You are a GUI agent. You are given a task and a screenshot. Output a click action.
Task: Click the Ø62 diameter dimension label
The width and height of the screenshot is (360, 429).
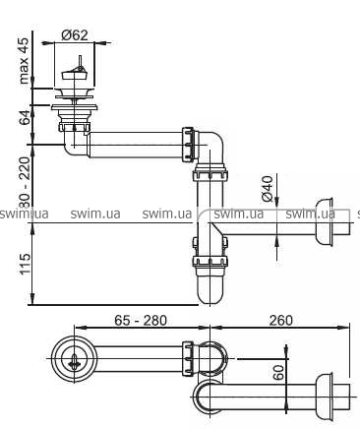75,35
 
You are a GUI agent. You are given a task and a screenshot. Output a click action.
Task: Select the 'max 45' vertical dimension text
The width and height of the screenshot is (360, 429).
25,60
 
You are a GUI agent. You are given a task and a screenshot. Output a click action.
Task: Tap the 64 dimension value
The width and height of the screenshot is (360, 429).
25,117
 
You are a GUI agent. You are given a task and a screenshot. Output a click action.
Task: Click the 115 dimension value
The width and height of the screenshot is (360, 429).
25,264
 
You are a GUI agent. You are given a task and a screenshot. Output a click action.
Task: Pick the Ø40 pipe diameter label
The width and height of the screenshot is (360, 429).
268,188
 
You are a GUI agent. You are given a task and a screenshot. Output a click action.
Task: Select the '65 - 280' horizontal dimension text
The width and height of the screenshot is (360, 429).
141,320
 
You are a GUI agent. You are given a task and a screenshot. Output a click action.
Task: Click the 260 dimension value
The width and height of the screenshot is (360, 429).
281,320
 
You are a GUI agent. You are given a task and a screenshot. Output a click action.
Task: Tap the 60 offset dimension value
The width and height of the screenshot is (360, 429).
278,373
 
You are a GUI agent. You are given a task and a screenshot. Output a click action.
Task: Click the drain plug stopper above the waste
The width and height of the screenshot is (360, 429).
74,73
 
